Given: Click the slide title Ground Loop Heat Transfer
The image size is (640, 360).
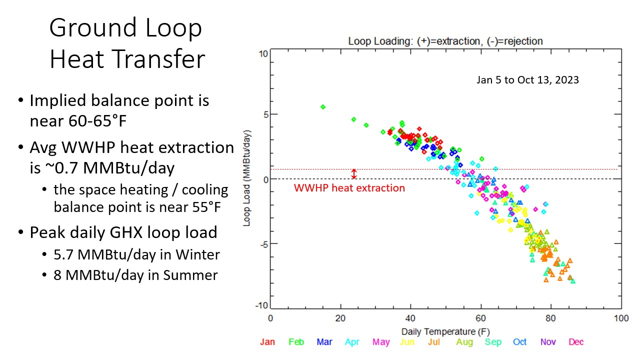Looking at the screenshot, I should [x=127, y=43].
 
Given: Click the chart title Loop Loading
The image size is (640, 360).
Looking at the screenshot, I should [x=445, y=41].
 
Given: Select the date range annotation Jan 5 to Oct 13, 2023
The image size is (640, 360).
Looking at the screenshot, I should [x=527, y=79].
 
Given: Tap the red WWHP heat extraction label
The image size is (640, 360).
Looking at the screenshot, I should [x=349, y=188].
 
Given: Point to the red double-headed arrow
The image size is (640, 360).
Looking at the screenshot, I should [x=354, y=174].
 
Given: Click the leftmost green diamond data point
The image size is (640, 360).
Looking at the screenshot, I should [x=323, y=106].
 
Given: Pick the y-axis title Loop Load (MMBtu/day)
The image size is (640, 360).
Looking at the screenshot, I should [x=247, y=178].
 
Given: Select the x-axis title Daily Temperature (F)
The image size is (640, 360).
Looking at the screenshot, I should [x=445, y=331].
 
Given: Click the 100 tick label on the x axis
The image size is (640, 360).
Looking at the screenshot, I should [x=621, y=318].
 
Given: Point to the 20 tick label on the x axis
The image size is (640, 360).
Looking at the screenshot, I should [x=340, y=318].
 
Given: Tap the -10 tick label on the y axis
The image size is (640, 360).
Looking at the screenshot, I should [x=261, y=306].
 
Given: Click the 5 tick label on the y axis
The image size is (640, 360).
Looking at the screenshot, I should [x=264, y=114].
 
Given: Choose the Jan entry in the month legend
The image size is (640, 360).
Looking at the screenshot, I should [x=267, y=342].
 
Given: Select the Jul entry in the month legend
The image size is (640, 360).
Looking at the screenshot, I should [x=434, y=342].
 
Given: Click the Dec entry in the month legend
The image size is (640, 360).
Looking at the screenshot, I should [x=575, y=342].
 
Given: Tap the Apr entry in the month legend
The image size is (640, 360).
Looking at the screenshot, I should [x=352, y=342].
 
